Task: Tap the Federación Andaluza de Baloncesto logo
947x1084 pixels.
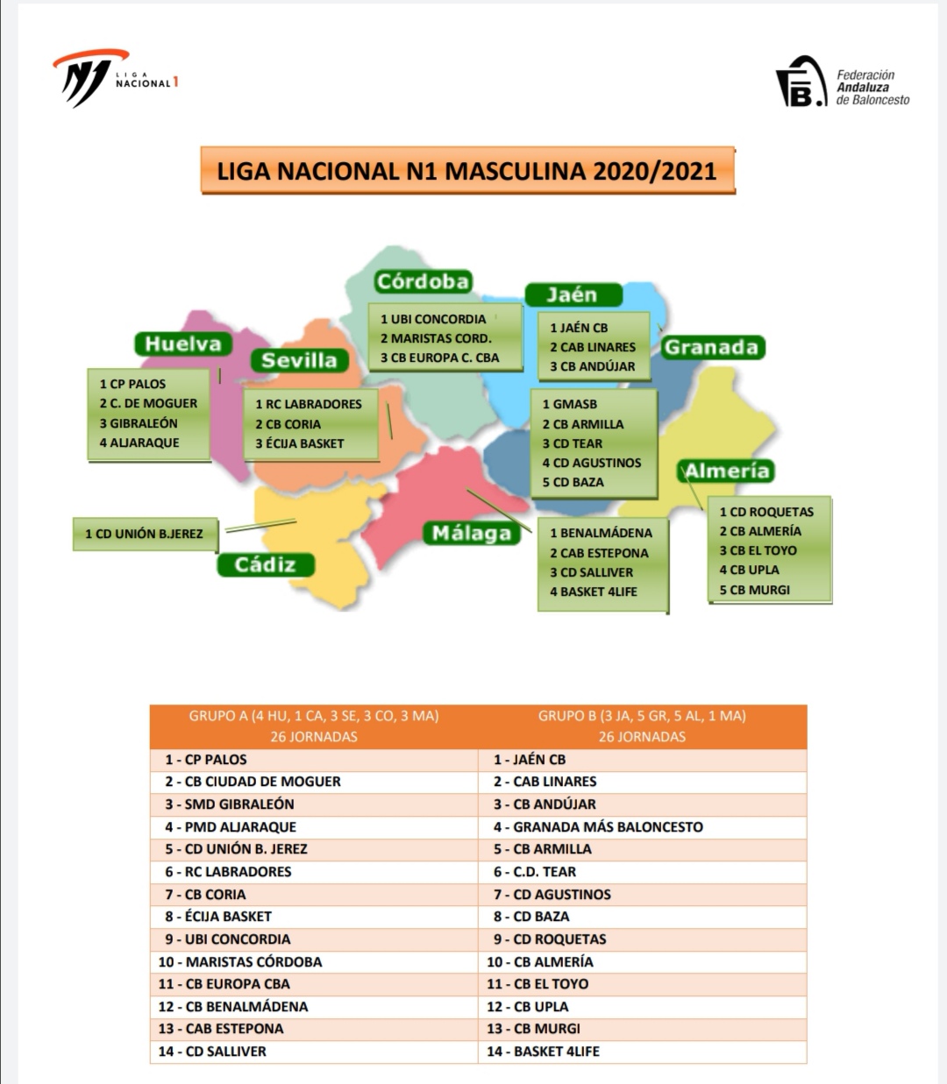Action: point(843,84)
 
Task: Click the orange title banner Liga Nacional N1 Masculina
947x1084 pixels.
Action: point(466,170)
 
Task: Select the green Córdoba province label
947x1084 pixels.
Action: point(423,281)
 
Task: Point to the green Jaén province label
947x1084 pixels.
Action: point(573,294)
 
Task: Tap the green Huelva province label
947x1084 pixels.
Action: point(183,344)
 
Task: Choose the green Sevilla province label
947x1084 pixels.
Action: point(299,360)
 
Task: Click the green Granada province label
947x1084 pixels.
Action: point(711,347)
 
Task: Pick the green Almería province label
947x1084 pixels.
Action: point(727,471)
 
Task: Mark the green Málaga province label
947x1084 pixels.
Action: point(471,533)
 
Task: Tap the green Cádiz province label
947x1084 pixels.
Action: point(265,564)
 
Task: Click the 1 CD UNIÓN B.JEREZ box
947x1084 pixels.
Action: point(145,534)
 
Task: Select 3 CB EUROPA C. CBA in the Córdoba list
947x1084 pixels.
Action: point(439,358)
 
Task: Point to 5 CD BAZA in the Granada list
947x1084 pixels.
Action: point(573,482)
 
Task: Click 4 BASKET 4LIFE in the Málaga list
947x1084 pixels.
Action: point(594,592)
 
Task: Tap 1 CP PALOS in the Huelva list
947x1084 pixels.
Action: point(132,384)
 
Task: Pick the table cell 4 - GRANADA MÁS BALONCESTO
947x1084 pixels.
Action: point(598,826)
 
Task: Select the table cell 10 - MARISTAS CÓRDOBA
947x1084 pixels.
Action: point(240,961)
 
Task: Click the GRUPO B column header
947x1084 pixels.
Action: point(642,726)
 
